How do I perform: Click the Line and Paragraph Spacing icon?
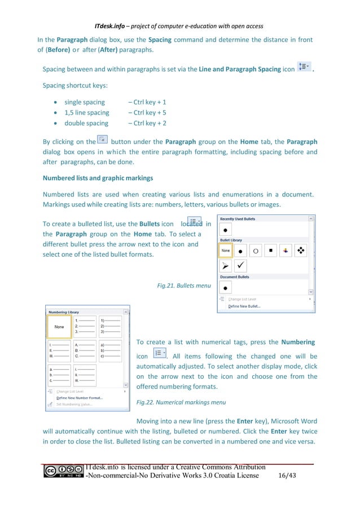[304, 69]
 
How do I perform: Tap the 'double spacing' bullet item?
[86, 123]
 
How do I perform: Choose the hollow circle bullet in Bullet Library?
[256, 250]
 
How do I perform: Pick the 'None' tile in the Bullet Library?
[226, 250]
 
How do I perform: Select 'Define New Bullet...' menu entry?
[244, 306]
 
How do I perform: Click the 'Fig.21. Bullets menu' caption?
[184, 286]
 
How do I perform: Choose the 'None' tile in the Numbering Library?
[59, 326]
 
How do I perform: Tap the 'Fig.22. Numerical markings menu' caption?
[181, 402]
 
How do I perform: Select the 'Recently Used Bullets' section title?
[238, 218]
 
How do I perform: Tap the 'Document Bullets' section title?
[235, 277]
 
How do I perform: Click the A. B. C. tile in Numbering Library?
[85, 350]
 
